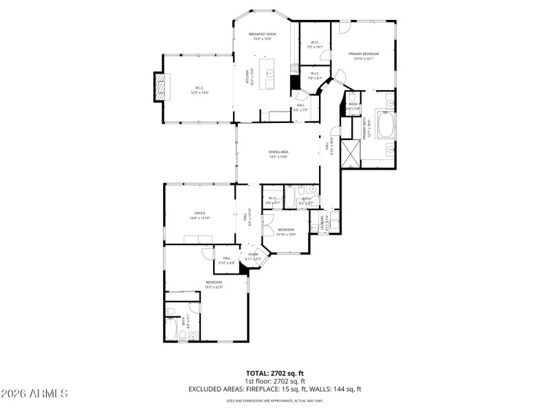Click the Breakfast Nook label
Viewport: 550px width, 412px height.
262,36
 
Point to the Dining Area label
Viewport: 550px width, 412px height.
278,154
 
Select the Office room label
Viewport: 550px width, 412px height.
199,215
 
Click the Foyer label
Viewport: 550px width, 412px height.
253,256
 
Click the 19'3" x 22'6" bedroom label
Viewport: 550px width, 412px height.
214,284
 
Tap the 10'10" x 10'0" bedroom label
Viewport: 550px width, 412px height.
286,231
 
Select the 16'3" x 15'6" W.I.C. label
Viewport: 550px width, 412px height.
199,90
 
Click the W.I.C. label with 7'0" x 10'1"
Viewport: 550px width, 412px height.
314,45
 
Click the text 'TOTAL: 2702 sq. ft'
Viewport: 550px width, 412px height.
274,373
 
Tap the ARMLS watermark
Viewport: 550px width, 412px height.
34,393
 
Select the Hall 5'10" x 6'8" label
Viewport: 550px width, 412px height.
227,260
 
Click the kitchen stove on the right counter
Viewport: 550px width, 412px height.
294,68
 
